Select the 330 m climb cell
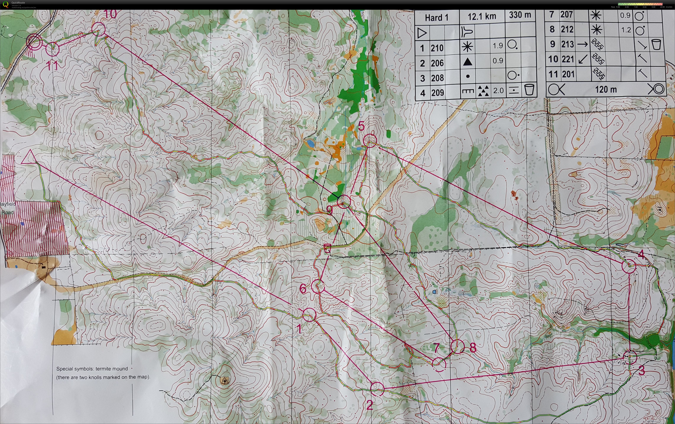(520, 15)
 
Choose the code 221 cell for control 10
(567, 59)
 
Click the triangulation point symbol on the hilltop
(224, 380)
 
